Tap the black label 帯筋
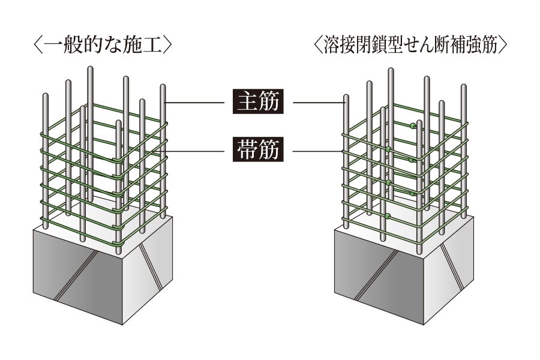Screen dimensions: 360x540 click(x=256, y=149)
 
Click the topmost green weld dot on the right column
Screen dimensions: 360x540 click(x=413, y=127)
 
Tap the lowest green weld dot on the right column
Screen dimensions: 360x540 click(x=388, y=215)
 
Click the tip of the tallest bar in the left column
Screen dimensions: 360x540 click(x=91, y=70)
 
